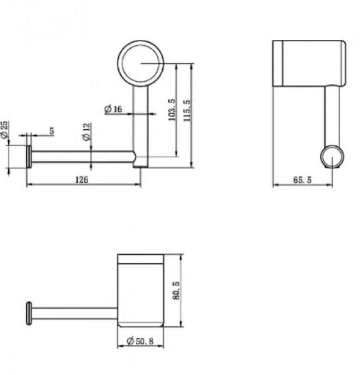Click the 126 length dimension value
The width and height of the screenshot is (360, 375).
(x=82, y=179)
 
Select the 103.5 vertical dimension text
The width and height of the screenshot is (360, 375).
(x=172, y=109)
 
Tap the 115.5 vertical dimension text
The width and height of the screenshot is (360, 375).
(x=187, y=110)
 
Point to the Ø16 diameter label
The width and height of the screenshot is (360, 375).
(x=113, y=109)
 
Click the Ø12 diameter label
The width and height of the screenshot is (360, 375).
(x=86, y=131)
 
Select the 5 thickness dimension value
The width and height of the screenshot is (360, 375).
(x=52, y=131)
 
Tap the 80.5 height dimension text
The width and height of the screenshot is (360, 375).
(x=176, y=291)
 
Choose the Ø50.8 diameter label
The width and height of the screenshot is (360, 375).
(x=140, y=341)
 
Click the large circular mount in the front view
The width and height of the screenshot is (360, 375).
(x=141, y=63)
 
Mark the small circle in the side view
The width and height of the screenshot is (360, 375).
(x=332, y=157)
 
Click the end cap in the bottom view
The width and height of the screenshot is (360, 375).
(x=29, y=313)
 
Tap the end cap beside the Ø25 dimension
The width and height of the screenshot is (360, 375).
(x=29, y=157)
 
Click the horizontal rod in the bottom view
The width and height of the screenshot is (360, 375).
(x=74, y=313)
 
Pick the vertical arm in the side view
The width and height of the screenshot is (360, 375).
(x=332, y=116)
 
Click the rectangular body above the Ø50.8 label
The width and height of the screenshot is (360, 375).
(x=141, y=291)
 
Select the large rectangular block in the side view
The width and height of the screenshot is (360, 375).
(x=309, y=63)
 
